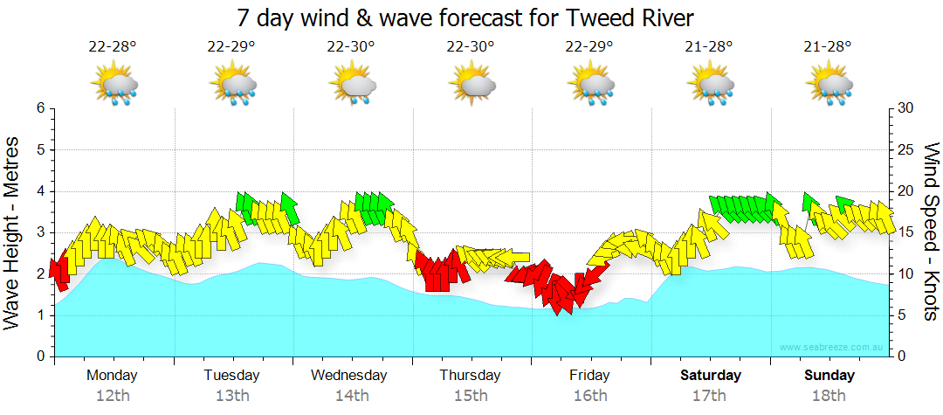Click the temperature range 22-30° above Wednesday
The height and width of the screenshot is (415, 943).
(x=351, y=46)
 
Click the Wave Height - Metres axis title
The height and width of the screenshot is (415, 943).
(x=13, y=232)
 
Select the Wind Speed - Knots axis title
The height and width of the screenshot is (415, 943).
(x=930, y=232)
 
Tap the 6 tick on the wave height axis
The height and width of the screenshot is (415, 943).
(x=39, y=108)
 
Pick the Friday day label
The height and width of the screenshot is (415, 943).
(x=590, y=376)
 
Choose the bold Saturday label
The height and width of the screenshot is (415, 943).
(x=710, y=376)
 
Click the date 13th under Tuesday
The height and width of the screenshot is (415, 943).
(x=232, y=396)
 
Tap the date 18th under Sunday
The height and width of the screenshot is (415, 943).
(x=829, y=396)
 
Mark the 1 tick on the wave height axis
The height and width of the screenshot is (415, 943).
(x=39, y=315)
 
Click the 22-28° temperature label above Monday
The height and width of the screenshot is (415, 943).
(x=113, y=46)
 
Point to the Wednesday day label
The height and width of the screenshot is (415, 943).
(x=349, y=376)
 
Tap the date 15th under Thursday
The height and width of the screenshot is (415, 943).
(x=471, y=396)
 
